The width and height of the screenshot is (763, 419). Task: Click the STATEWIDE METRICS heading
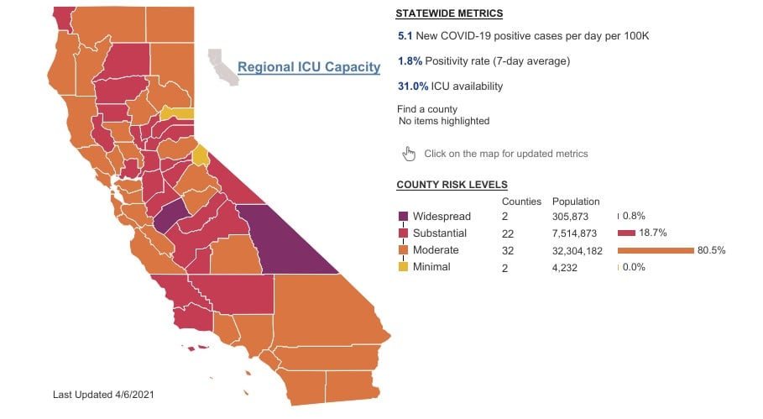point(449,14)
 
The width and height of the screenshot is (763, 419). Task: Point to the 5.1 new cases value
point(405,36)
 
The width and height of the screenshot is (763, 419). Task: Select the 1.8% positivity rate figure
point(410,61)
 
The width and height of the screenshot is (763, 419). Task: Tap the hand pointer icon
point(410,153)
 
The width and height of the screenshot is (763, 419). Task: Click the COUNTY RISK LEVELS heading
point(452,185)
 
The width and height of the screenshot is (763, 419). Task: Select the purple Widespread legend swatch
point(403,217)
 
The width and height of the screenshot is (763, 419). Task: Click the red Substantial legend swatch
point(403,233)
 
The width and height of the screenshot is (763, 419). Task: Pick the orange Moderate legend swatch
point(403,250)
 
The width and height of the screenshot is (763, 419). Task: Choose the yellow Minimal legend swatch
point(403,267)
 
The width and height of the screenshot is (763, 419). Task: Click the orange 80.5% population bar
point(655,250)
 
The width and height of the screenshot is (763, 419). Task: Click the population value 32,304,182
point(579,250)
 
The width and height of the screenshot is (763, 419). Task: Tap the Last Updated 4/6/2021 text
point(102,394)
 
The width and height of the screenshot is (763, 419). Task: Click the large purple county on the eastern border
point(285,239)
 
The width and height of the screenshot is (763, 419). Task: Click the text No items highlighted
point(443,122)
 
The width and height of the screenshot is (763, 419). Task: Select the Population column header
point(576,202)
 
